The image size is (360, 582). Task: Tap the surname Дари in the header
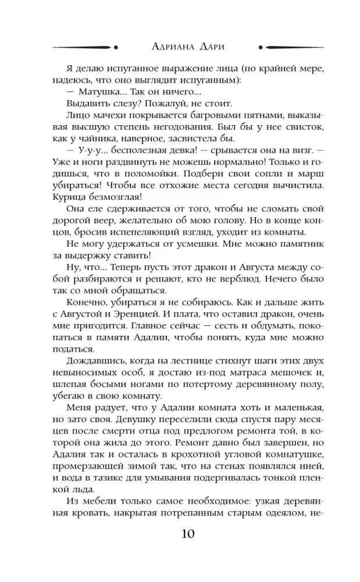(210, 47)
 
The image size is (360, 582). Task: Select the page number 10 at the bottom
(180, 534)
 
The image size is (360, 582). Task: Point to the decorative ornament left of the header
(85, 47)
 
